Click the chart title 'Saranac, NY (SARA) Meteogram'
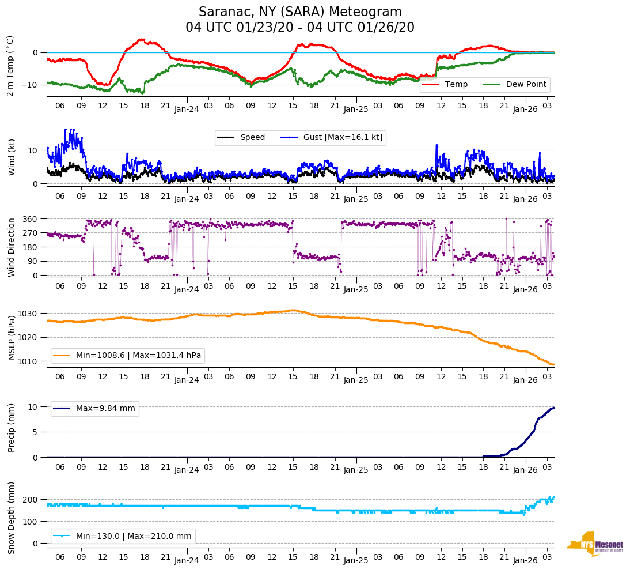pyautogui.click(x=300, y=12)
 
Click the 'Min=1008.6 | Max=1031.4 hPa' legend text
pyautogui.click(x=138, y=356)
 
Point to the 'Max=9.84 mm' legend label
pyautogui.click(x=105, y=409)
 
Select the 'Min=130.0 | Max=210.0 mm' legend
pyautogui.click(x=133, y=537)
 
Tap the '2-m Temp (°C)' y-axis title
pyautogui.click(x=10, y=66)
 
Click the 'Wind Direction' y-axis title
pyautogui.click(x=12, y=247)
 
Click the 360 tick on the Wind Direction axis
pyautogui.click(x=30, y=219)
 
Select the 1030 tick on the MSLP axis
pyautogui.click(x=28, y=314)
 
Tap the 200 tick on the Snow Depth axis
pyautogui.click(x=30, y=500)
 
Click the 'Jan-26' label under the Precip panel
pyautogui.click(x=525, y=470)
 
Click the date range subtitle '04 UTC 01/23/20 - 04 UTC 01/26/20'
pyautogui.click(x=300, y=28)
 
